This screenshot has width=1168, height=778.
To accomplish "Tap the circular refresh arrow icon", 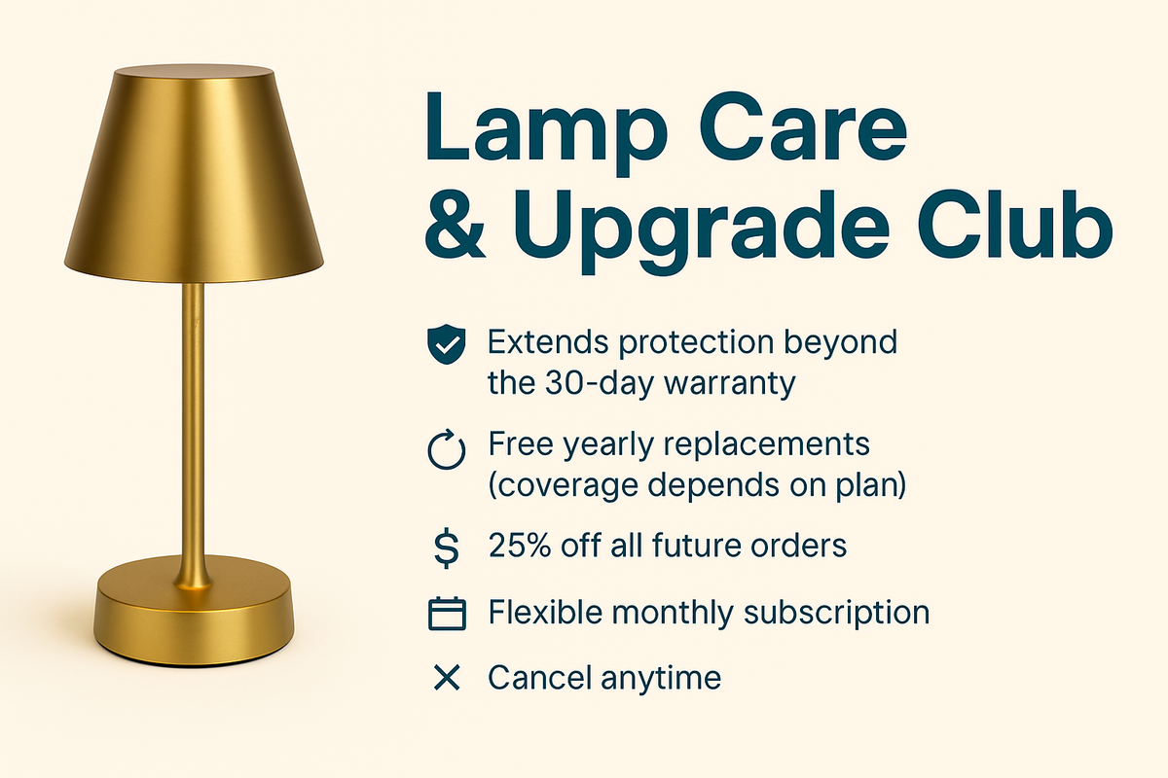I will click(447, 452).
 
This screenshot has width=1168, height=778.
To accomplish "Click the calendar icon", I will click(447, 614).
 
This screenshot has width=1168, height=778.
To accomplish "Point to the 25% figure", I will click(521, 546).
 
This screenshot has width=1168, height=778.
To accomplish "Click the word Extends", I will click(548, 342).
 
